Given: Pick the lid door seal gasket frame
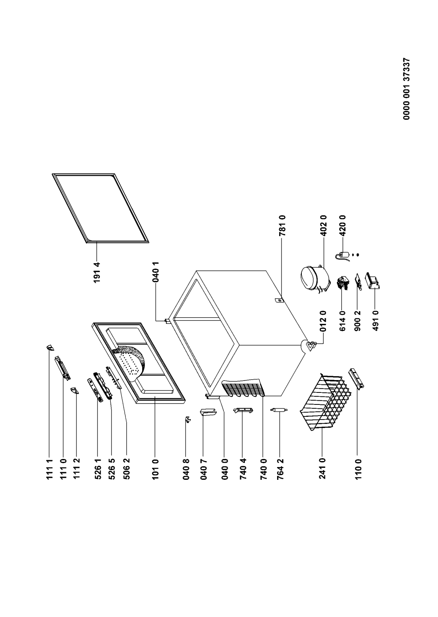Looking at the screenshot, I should point(101,207).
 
